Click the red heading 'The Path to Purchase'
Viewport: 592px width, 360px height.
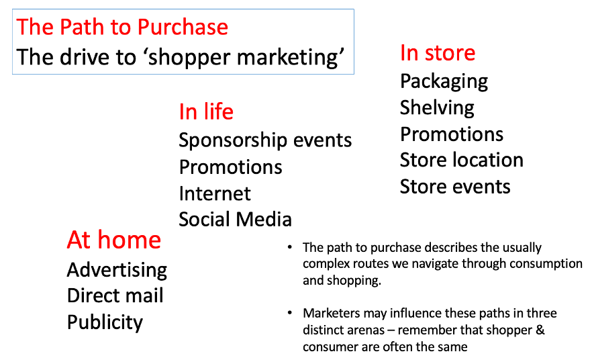[122, 27]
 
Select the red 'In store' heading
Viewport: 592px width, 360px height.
[438, 52]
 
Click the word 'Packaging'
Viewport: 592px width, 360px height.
[444, 81]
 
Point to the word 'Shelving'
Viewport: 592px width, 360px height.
[437, 108]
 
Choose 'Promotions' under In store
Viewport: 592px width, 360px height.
[452, 134]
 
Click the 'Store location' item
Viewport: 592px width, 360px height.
[462, 160]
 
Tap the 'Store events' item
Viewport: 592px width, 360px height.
[455, 187]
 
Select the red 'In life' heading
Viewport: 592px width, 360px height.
[206, 111]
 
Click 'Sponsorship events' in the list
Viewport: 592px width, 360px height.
[265, 140]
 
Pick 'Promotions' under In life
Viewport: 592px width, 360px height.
[231, 167]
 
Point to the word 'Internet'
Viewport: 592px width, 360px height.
[215, 193]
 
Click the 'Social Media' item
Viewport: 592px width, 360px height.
[235, 219]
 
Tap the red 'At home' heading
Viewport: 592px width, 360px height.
[114, 240]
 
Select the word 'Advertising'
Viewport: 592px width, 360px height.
[117, 271]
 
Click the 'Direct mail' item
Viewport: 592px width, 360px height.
[115, 296]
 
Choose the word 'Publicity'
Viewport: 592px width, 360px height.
[105, 323]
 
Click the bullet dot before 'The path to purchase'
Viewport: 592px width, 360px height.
[290, 247]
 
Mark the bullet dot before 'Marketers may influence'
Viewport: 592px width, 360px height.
[290, 313]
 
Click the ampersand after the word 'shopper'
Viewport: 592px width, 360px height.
[540, 330]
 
